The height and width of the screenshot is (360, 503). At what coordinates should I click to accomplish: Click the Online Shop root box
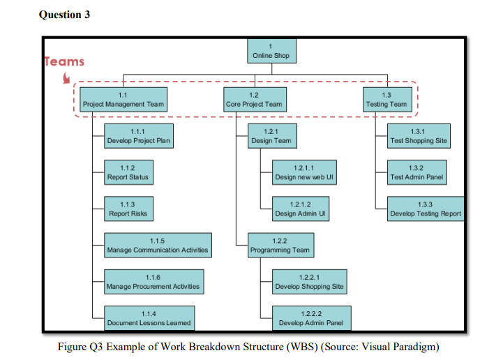(271, 51)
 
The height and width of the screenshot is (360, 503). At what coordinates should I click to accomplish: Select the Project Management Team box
(123, 100)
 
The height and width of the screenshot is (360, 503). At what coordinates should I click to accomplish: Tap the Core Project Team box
(254, 100)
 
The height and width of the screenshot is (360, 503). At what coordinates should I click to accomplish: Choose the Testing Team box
(386, 100)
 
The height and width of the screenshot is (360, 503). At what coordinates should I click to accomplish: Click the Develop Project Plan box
(138, 136)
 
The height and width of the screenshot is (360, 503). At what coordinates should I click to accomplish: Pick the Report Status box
(128, 172)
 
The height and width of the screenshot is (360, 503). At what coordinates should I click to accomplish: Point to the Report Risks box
(128, 209)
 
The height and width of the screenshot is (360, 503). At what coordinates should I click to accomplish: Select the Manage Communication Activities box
(157, 245)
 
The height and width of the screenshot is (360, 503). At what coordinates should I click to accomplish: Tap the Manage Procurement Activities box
(153, 282)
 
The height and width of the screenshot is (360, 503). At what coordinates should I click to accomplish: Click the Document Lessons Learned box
(149, 318)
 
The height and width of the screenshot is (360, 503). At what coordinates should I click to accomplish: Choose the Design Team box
(272, 136)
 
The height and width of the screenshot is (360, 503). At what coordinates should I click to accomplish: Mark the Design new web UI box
(305, 172)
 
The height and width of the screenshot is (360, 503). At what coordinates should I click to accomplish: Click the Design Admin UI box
(301, 209)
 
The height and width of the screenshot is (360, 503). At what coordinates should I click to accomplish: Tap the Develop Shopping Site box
(309, 282)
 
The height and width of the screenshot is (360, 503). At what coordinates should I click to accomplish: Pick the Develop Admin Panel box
(311, 318)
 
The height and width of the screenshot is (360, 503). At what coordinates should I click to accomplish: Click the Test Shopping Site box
(419, 136)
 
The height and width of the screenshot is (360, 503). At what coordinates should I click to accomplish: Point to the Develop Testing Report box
(426, 209)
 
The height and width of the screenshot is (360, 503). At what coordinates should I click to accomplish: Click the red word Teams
(64, 61)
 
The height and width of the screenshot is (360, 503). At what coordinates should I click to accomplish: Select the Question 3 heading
(65, 15)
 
